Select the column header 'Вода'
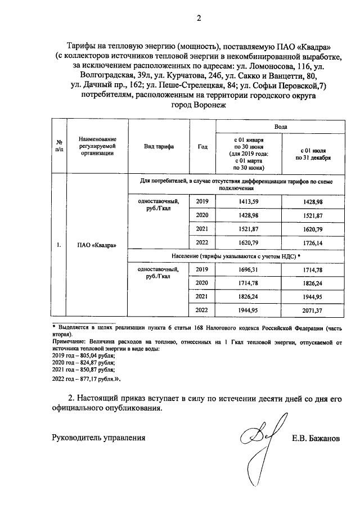click(x=280, y=127)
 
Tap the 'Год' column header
click(x=203, y=147)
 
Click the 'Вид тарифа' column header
click(x=159, y=147)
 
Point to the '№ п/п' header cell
click(x=58, y=147)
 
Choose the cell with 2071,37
click(x=314, y=310)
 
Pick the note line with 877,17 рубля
click(x=85, y=380)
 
